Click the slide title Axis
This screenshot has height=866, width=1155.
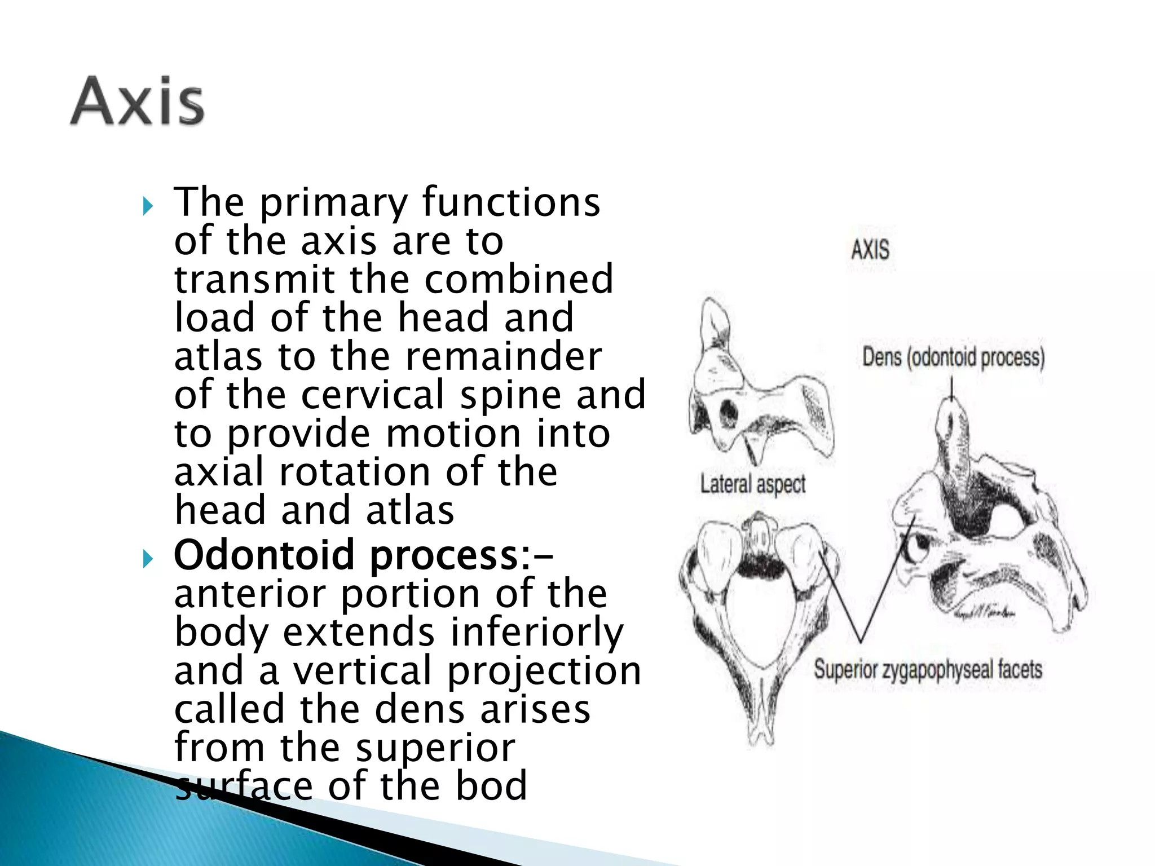pos(137,101)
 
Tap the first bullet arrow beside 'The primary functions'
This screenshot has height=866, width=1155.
pos(148,206)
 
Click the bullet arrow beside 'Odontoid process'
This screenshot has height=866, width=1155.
pos(148,559)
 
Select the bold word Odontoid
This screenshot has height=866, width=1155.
pos(267,555)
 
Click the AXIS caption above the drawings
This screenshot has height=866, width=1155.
pos(870,250)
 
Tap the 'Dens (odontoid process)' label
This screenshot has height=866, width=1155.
pos(953,357)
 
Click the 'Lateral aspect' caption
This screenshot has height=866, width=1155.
pos(753,484)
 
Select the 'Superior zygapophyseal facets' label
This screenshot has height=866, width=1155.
pos(928,670)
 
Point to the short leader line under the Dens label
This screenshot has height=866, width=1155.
pos(952,389)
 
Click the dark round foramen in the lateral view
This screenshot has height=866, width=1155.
pos(729,413)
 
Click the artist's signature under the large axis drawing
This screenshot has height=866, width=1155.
pos(984,613)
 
